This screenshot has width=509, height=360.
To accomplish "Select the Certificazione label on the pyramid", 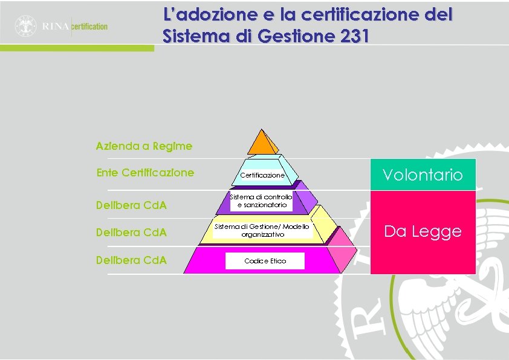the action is (x=262, y=175).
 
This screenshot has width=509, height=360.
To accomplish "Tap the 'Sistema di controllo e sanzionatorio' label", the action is (x=261, y=201).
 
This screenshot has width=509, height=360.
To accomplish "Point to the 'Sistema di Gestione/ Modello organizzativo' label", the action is (x=262, y=230).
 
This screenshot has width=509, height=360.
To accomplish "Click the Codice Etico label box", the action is (x=265, y=261).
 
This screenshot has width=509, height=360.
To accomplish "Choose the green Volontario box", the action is (x=423, y=175).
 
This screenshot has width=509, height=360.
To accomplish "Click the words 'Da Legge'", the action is (x=423, y=231).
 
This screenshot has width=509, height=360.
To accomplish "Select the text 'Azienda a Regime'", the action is (x=144, y=146).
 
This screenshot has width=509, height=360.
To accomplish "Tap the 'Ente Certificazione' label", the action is (x=145, y=173).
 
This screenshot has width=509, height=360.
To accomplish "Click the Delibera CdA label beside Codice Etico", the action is (x=131, y=261).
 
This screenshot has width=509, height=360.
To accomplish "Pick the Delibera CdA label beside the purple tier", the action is (x=131, y=205).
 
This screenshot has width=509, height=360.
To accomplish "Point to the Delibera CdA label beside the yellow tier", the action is (x=131, y=233).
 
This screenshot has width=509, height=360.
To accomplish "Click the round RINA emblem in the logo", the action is (x=26, y=26).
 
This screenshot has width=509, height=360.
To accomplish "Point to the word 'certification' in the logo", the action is (x=90, y=27).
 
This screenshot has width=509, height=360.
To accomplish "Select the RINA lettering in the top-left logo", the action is (x=56, y=27).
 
